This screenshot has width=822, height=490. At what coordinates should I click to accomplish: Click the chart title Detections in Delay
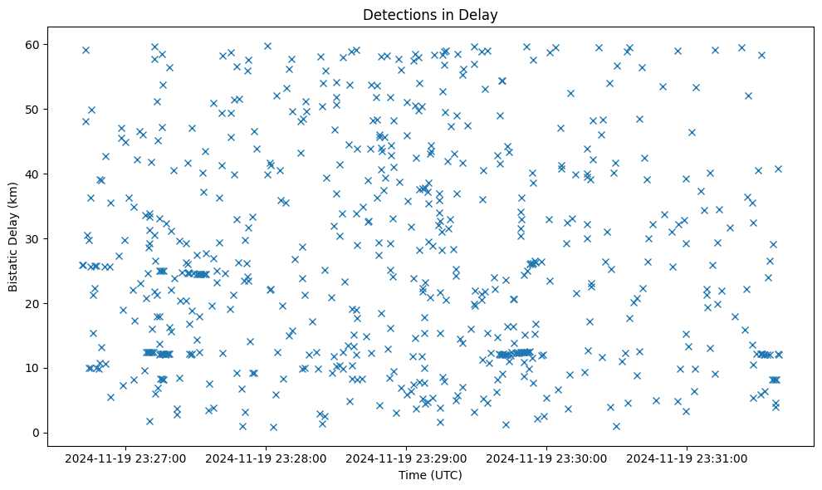[430, 15]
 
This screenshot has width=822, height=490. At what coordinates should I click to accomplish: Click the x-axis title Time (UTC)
[430, 475]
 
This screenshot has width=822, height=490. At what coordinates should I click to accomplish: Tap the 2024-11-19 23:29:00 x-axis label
[408, 458]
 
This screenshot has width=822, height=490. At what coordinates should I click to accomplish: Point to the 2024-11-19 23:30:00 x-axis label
[548, 458]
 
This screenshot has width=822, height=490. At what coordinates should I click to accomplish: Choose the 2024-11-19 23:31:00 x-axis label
[688, 458]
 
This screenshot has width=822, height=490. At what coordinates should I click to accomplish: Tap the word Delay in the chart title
[479, 15]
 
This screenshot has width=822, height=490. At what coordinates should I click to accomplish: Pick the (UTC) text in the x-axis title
[446, 475]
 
